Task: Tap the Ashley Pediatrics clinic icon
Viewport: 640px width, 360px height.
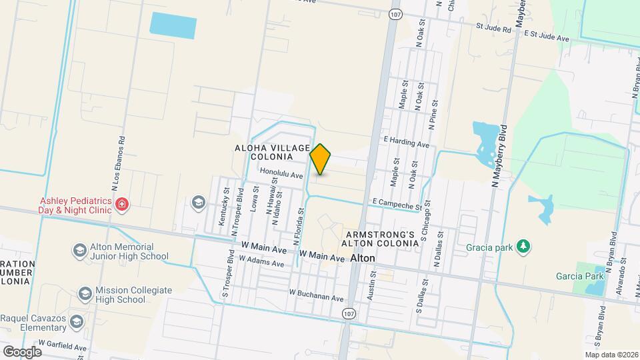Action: pos(121,204)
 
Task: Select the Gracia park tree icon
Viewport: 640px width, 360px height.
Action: pos(524,247)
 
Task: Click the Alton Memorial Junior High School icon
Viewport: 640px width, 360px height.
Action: pos(79,250)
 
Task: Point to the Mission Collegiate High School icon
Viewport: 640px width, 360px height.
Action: pos(85,294)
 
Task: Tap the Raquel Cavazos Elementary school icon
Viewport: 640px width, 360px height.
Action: pos(77,322)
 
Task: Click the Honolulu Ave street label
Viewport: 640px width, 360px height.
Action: pos(281,174)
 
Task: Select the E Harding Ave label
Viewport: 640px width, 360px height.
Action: pos(406,143)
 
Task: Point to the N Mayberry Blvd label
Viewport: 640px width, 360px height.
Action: pos(499,155)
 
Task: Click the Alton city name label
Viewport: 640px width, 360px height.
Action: pos(363,257)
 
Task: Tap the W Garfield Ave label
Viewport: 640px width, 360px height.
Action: pos(63,347)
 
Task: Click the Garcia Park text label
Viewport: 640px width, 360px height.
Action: pos(580,276)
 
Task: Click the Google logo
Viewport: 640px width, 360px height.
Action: pos(21,351)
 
